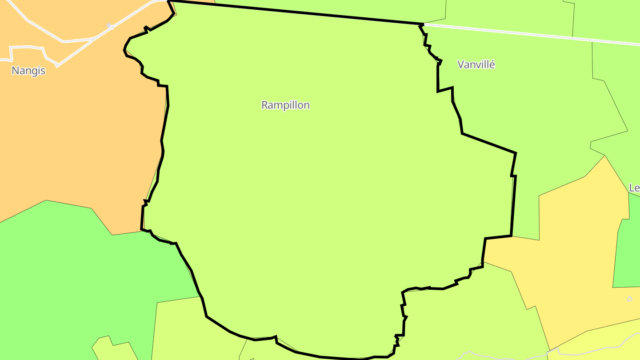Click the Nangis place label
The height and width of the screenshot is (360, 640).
(x=28, y=71)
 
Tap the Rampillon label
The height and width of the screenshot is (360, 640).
(x=285, y=105)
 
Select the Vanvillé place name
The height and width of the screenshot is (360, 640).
(x=476, y=64)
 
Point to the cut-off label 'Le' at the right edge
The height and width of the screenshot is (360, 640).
(x=634, y=188)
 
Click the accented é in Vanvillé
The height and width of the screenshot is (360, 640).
(x=492, y=64)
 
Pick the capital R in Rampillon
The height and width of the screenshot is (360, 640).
(x=265, y=105)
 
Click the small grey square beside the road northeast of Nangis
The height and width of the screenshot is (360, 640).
(x=109, y=25)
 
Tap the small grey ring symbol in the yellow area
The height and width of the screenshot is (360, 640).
(x=629, y=299)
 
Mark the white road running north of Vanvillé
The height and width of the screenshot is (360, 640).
(x=533, y=34)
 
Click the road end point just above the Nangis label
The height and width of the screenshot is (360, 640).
(x=57, y=65)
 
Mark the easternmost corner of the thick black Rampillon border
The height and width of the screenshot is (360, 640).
(x=516, y=153)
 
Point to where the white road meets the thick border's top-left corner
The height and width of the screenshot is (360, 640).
(x=169, y=1)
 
